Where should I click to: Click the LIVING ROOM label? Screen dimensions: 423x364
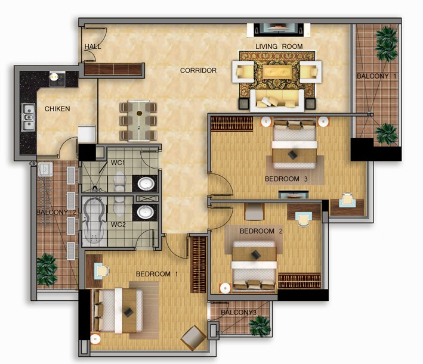click(279, 46)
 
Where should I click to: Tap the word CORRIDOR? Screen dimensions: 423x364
click(198, 70)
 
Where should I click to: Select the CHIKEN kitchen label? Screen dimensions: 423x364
click(57, 109)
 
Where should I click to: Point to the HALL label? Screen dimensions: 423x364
click(92, 46)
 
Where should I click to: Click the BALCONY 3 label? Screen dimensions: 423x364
click(239, 312)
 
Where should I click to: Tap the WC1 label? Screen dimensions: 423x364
click(118, 163)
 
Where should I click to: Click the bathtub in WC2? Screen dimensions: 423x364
click(94, 220)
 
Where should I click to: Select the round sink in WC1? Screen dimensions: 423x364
click(146, 183)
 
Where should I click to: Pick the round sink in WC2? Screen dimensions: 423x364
click(146, 212)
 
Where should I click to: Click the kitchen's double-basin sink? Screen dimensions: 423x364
click(28, 117)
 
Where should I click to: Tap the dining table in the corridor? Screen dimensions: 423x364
click(138, 121)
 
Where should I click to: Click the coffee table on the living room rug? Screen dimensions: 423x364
click(277, 71)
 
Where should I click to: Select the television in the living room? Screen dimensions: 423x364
click(279, 29)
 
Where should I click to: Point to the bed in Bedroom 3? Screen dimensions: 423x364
click(294, 144)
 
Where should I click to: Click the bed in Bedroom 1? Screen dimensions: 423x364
click(118, 310)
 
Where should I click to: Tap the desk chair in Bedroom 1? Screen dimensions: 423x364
click(102, 270)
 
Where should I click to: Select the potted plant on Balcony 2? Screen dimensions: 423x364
click(47, 269)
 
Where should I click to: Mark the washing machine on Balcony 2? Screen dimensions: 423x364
click(45, 169)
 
